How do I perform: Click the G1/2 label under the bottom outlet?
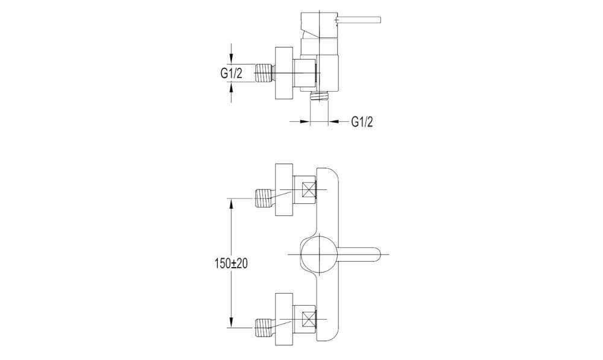tap(362, 122)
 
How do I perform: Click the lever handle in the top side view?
tap(362, 18)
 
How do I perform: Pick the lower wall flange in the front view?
tap(283, 320)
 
